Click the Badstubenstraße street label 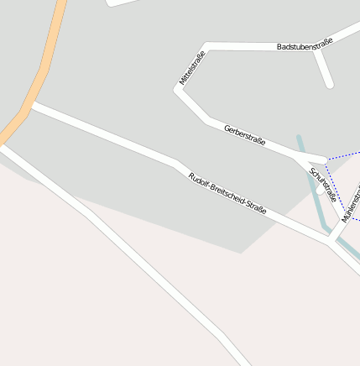coord(305,44)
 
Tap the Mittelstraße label coord(192,69)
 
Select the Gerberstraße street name coord(245,134)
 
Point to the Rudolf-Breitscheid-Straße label coord(227,193)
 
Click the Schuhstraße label coord(323,185)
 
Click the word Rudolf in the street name coord(199,180)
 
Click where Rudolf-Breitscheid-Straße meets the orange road coord(29,106)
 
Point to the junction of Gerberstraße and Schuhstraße coord(306,158)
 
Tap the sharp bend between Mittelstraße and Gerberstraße coord(178,90)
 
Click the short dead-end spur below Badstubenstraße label coord(326,72)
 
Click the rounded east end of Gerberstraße coord(323,159)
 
